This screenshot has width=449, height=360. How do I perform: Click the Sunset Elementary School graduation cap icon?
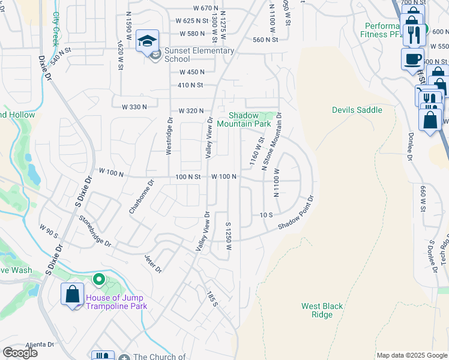point(147,41)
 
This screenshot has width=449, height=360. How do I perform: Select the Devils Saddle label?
point(357,110)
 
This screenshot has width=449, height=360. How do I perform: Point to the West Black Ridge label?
point(322,310)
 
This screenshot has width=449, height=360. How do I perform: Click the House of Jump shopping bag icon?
point(73,294)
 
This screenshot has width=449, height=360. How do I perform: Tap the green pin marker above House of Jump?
point(98,280)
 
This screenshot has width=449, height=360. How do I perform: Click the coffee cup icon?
point(412,59)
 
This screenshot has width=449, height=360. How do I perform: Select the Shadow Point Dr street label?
point(296,213)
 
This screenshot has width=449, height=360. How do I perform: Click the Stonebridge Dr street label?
point(95,232)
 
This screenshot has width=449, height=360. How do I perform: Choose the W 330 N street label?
point(134,107)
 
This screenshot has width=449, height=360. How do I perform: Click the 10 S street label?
point(267,214)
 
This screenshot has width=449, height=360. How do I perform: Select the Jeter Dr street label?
point(153,263)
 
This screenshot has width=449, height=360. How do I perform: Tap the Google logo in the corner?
point(20,353)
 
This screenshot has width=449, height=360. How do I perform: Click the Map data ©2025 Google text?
point(411,355)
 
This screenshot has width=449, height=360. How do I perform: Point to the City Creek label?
point(56,29)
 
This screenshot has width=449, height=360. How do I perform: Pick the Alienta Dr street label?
point(39,345)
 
